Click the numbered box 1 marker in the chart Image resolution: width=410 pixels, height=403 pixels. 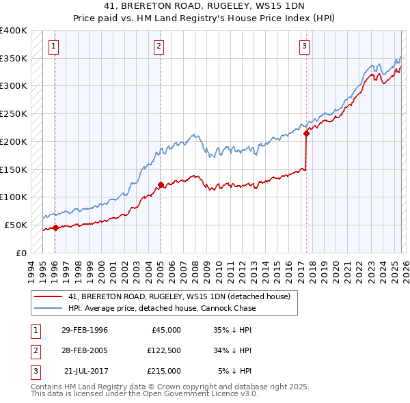click(54, 46)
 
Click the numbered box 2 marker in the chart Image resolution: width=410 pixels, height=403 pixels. click(159, 46)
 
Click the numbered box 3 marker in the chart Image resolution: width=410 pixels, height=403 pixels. click(304, 46)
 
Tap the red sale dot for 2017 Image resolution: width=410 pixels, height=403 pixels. click(306, 134)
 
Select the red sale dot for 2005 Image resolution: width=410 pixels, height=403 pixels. click(161, 184)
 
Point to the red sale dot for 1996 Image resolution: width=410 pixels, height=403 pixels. click(55, 228)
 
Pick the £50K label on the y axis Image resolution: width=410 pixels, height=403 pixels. click(16, 225)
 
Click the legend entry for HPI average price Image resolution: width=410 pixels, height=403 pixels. click(162, 308)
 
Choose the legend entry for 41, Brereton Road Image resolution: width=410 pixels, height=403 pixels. click(179, 296)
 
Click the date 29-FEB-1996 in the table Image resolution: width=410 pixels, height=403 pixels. click(85, 330)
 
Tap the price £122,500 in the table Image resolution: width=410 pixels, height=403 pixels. click(164, 350)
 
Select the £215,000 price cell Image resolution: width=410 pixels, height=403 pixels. click(164, 371)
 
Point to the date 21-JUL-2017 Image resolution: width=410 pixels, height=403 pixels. click(85, 371)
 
